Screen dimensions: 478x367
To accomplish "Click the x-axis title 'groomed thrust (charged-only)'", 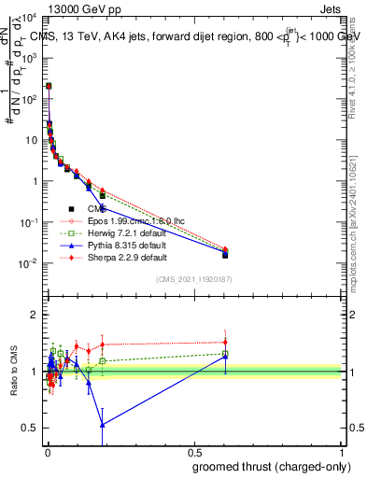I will (270, 466).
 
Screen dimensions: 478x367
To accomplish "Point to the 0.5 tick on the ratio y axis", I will (32, 428).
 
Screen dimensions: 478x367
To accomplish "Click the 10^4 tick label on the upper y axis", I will (28, 18).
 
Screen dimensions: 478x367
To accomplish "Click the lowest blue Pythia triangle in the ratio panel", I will (102, 425).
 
